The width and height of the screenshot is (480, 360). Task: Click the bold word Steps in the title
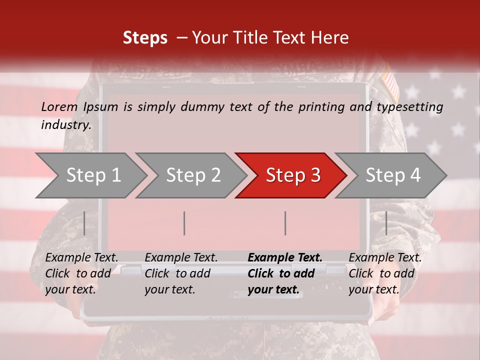145,37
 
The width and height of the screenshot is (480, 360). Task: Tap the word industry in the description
65,125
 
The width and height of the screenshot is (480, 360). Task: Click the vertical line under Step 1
84,223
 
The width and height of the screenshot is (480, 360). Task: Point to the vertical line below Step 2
184,223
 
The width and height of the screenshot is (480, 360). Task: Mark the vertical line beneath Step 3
285,223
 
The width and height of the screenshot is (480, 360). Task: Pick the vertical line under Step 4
386,223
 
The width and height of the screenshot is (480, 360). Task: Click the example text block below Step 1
81,273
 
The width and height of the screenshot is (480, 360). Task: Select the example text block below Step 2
181,273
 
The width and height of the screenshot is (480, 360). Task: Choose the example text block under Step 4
385,273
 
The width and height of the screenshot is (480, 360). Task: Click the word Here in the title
329,37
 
